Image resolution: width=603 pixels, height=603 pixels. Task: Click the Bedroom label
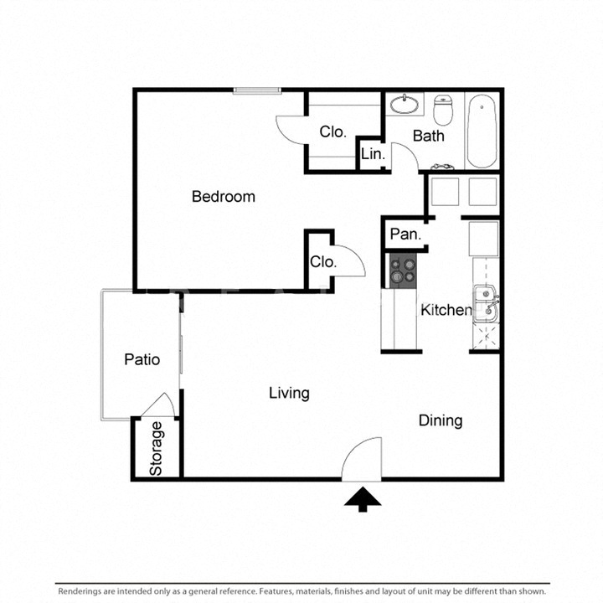coord(223,197)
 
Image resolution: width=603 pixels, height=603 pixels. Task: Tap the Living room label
coord(289,393)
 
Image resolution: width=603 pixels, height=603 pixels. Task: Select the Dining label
coord(441,420)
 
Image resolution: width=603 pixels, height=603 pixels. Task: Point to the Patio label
coord(142,360)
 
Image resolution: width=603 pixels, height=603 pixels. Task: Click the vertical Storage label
coord(157,449)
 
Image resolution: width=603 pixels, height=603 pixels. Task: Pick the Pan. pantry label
coord(405,235)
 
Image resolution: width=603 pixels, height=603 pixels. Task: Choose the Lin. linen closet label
coord(373,155)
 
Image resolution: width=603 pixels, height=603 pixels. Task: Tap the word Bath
coord(428,136)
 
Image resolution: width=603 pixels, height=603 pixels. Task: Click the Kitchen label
coord(446,311)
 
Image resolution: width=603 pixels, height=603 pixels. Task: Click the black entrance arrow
coord(363,499)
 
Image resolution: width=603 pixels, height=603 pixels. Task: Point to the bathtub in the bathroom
coord(482,131)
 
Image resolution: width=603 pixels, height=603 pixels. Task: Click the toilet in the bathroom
coord(444,108)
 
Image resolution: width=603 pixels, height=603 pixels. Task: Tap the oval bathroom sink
coord(405,106)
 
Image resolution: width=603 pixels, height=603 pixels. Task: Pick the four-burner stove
coord(403,271)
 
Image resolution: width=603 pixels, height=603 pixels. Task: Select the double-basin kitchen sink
coord(485,303)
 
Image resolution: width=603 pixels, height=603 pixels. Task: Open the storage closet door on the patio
coord(160,404)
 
